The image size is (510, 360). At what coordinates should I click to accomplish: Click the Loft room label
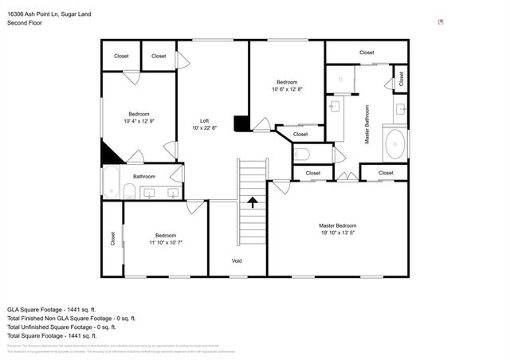pos(205,120)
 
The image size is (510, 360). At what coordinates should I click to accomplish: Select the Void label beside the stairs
pos(237,261)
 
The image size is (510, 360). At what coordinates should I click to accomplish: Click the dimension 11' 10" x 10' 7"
pos(166,243)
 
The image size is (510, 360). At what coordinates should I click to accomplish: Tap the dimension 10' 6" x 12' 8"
pos(287,90)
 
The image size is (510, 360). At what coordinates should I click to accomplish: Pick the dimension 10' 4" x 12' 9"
pos(139,122)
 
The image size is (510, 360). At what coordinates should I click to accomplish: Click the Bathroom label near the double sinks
pos(144,177)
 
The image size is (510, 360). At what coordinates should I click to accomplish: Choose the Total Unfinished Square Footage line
pos(61,327)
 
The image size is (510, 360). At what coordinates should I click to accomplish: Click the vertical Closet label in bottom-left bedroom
pos(112,238)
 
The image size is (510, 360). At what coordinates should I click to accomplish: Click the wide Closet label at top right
pos(367,53)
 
